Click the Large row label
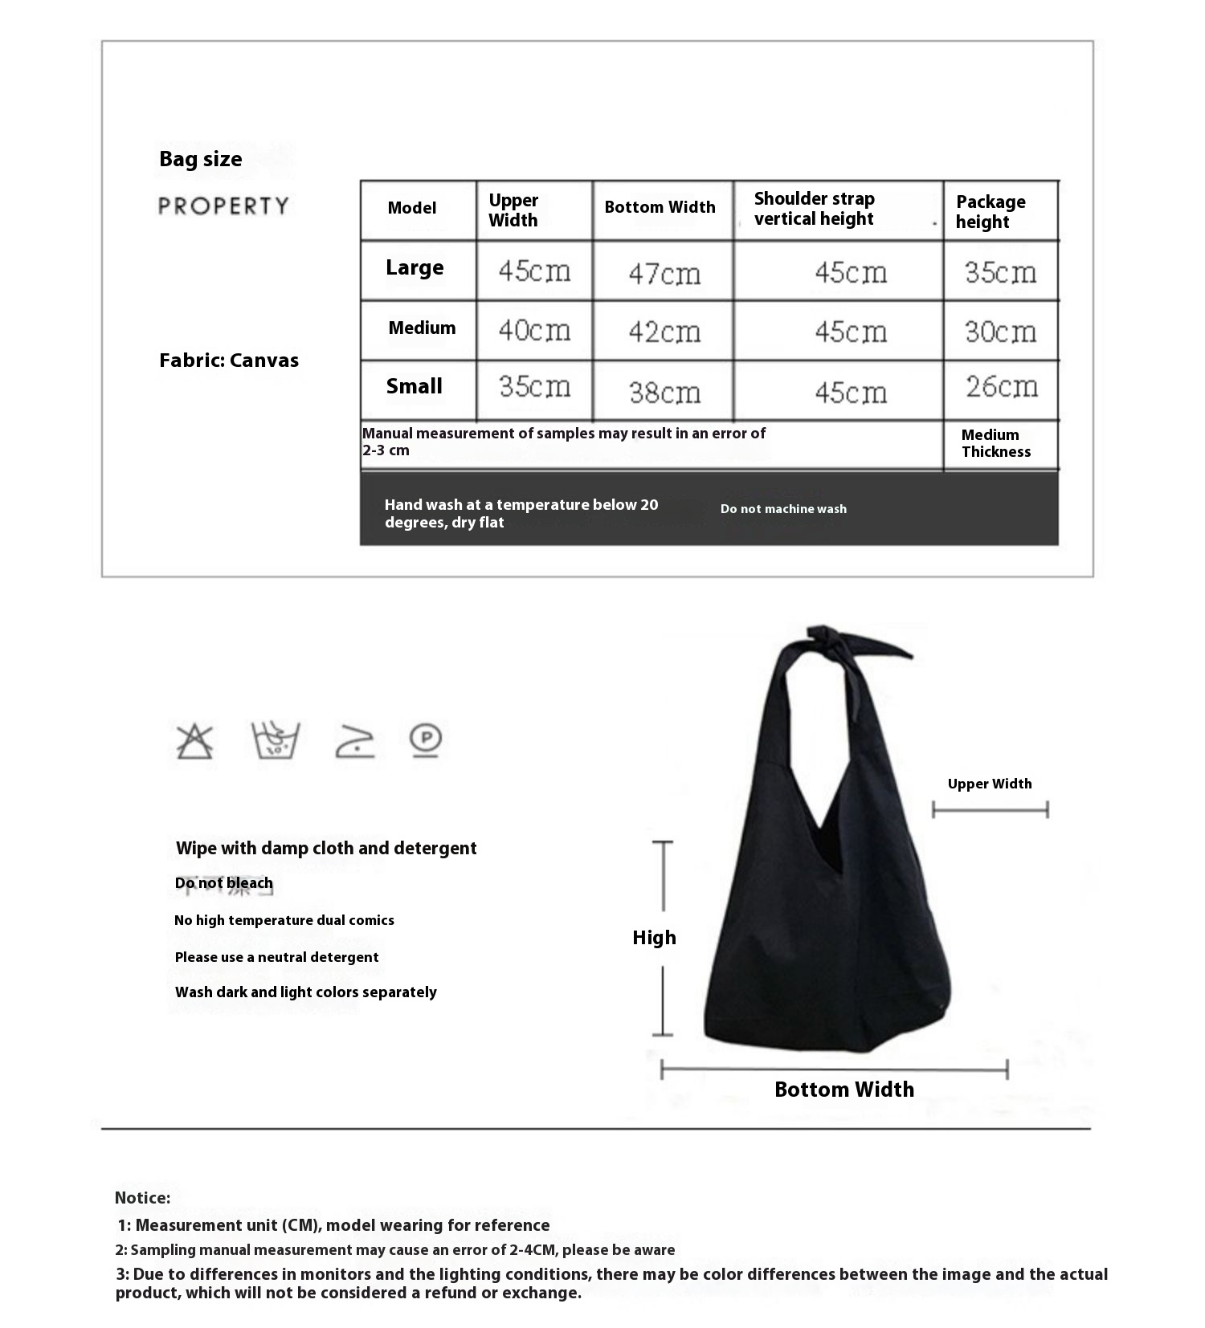(x=415, y=268)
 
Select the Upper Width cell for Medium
(x=534, y=330)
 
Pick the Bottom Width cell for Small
(x=664, y=392)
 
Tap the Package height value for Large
(x=1000, y=272)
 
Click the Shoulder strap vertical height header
(x=814, y=209)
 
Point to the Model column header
(x=411, y=208)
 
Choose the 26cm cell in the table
(x=1001, y=387)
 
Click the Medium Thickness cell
(x=995, y=443)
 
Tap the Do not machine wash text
(x=783, y=509)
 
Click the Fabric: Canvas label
(x=229, y=361)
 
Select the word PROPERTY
(x=223, y=206)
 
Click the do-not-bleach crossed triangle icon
(x=195, y=741)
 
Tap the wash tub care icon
(x=275, y=740)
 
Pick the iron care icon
(x=354, y=741)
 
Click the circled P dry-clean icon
(x=426, y=739)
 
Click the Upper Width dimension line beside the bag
(x=990, y=809)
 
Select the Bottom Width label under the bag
(x=843, y=1090)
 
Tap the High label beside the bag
(x=654, y=938)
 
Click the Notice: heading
(x=142, y=1198)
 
